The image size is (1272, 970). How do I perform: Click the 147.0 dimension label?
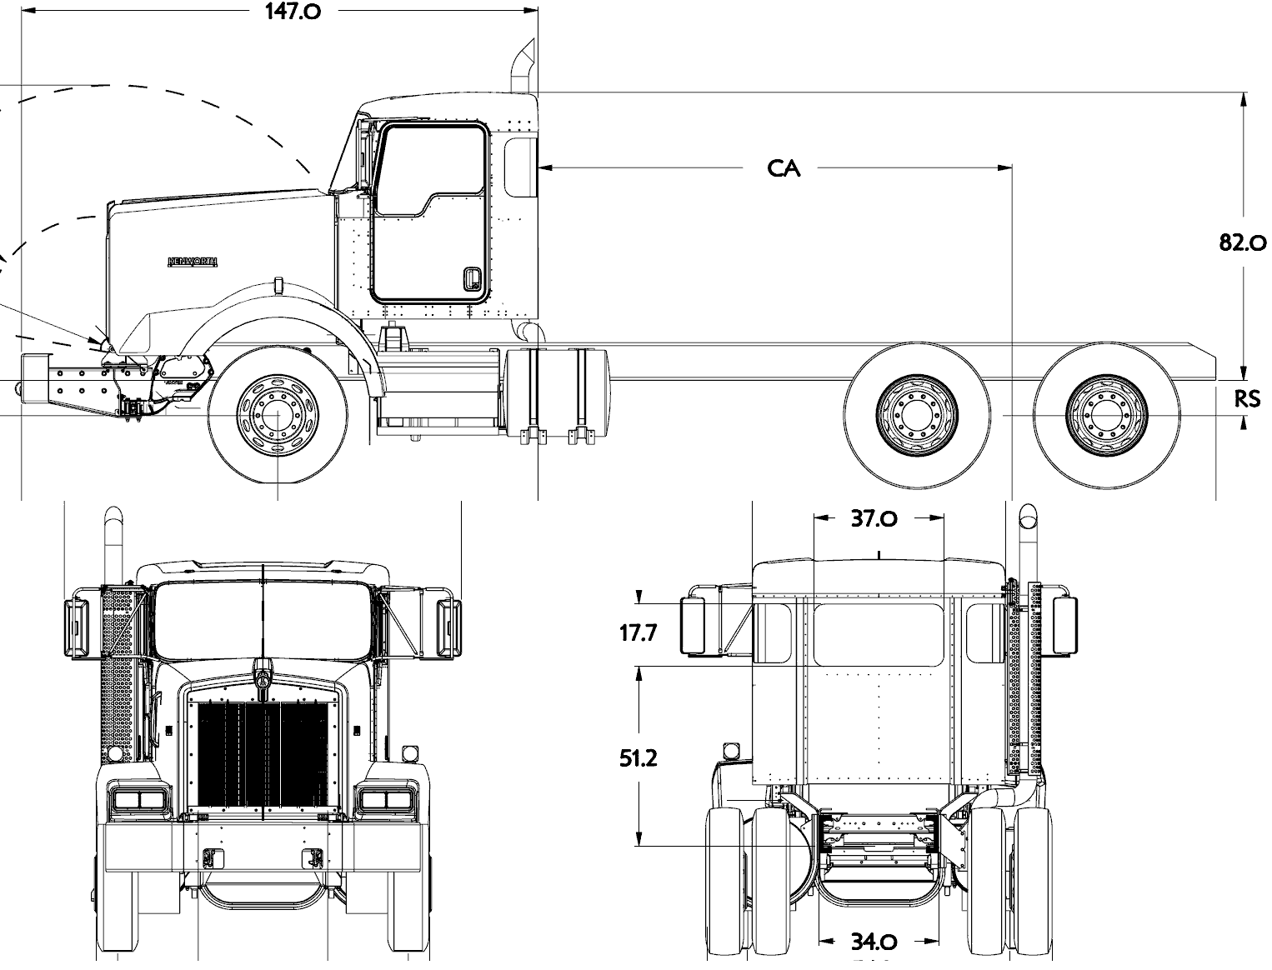pos(292,12)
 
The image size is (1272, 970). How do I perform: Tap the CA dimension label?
pos(784,168)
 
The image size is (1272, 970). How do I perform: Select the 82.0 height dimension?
pos(1242,242)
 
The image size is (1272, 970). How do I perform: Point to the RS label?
pos(1247,399)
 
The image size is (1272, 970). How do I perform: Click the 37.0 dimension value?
pos(874,518)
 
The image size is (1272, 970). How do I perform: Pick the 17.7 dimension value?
pos(638,632)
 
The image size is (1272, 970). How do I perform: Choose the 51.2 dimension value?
pos(638,757)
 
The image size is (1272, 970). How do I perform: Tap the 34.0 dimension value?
pos(874,942)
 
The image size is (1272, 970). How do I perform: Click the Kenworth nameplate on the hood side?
pos(193,262)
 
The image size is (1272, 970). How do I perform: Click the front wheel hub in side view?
pos(278,414)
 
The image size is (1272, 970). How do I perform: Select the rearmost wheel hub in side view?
pos(1106,414)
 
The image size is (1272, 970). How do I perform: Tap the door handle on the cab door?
pos(472,279)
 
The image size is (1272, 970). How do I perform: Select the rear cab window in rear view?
pos(879,634)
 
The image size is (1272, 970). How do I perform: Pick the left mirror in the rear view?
pos(698,625)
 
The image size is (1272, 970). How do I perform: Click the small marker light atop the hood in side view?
pos(277,286)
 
